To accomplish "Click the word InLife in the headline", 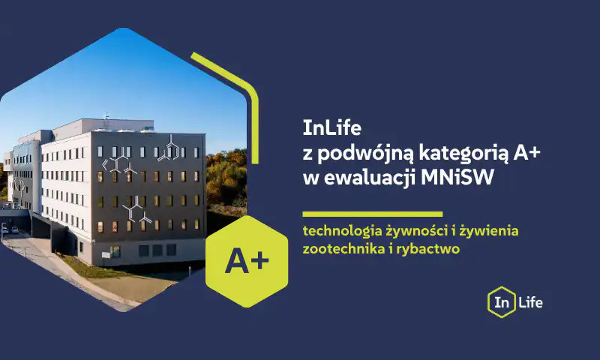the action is click(331, 127).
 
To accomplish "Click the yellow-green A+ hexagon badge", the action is click(247, 261).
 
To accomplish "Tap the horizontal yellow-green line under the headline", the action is click(372, 214).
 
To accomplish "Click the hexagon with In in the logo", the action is click(501, 302).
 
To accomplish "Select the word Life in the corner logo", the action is click(531, 302).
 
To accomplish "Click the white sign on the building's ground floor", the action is click(106, 255).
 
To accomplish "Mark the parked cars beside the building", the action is click(10, 229).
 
